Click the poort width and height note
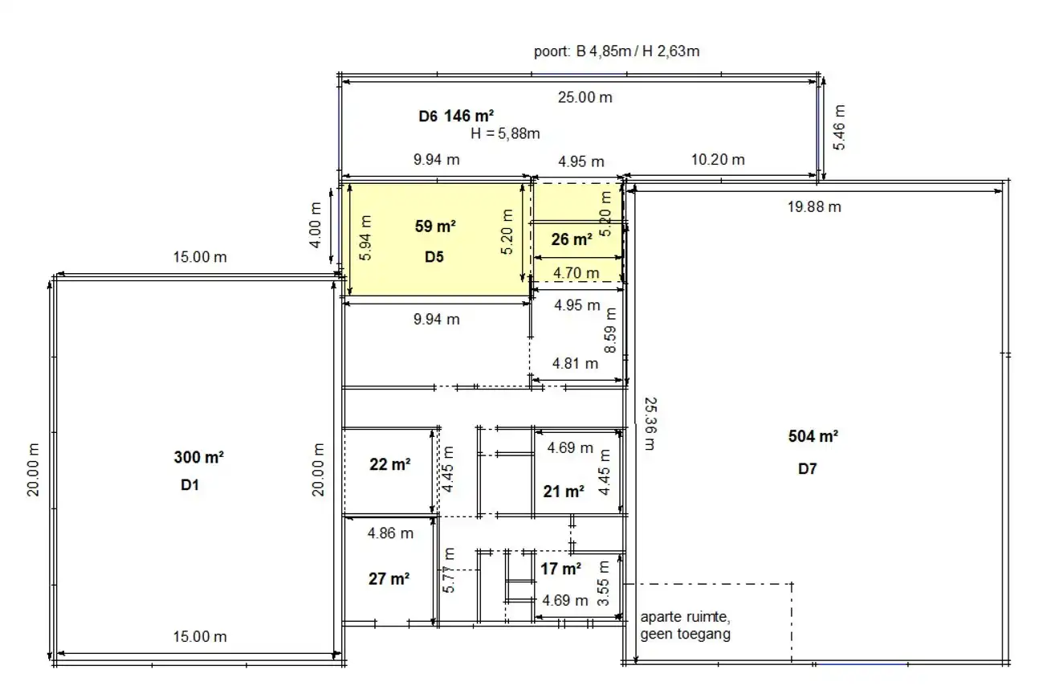pyautogui.click(x=617, y=52)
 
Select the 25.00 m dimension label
pyautogui.click(x=585, y=97)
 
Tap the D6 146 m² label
pyautogui.click(x=455, y=116)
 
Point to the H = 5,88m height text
pyautogui.click(x=505, y=134)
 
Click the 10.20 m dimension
pyautogui.click(x=718, y=159)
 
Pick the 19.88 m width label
pyautogui.click(x=814, y=206)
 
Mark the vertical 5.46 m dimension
pyautogui.click(x=839, y=127)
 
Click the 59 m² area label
pyautogui.click(x=435, y=227)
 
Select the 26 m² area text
pyautogui.click(x=572, y=239)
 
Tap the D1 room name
pyautogui.click(x=189, y=485)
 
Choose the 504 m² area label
pyautogui.click(x=813, y=436)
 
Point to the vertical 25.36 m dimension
pyautogui.click(x=650, y=423)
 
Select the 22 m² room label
pyautogui.click(x=390, y=464)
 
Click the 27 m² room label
pyautogui.click(x=389, y=578)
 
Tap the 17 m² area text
pyautogui.click(x=561, y=569)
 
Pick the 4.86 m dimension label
pyautogui.click(x=390, y=533)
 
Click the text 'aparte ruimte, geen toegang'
pyautogui.click(x=685, y=627)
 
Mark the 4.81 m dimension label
pyautogui.click(x=575, y=363)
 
